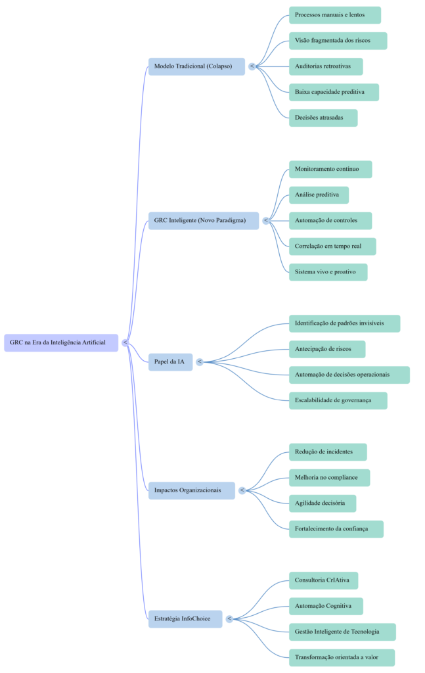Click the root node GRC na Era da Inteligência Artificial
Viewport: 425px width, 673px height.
click(x=60, y=342)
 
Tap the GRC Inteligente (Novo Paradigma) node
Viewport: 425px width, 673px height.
click(x=203, y=220)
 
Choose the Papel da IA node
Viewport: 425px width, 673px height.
click(x=170, y=361)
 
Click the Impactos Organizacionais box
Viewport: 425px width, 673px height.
click(x=191, y=490)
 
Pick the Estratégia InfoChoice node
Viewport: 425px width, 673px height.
click(x=185, y=618)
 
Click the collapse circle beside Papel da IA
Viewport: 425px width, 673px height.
click(x=200, y=361)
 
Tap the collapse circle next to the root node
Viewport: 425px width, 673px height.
click(x=125, y=342)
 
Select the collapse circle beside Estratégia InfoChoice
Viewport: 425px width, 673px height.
click(x=229, y=618)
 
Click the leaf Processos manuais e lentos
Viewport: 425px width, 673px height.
click(x=334, y=15)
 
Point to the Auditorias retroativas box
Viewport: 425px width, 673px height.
click(x=325, y=66)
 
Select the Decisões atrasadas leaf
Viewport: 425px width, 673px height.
click(x=323, y=118)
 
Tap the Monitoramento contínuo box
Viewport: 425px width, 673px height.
click(x=330, y=169)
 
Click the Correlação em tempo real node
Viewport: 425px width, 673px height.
click(x=332, y=246)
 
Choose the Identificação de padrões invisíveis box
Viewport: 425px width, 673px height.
click(x=344, y=323)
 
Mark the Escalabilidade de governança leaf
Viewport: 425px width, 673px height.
click(x=338, y=400)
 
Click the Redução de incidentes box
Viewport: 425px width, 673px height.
click(x=327, y=452)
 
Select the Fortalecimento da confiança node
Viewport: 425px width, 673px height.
click(x=336, y=528)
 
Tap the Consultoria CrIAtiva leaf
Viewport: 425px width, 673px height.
click(x=323, y=580)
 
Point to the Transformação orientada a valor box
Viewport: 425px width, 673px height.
click(x=342, y=657)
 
